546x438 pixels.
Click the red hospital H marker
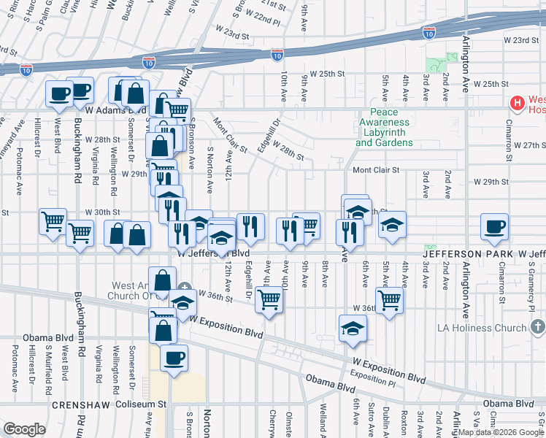pos(518,103)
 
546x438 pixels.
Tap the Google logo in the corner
pos(25,429)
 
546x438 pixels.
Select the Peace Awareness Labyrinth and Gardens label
pos(384,128)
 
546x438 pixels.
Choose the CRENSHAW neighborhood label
pos(79,404)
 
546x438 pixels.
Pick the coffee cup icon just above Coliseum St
pos(174,358)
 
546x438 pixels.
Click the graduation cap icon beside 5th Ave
pos(392,224)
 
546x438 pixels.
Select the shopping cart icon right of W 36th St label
pos(390,299)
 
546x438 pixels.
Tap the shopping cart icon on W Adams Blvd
pos(177,110)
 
